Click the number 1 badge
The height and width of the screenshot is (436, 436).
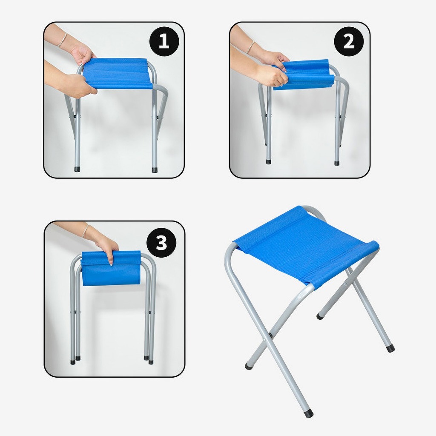(x=164, y=42)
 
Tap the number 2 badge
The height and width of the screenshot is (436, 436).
(x=349, y=42)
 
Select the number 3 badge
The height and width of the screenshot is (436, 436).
(x=161, y=242)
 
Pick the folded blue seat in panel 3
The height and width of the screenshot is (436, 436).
(x=111, y=268)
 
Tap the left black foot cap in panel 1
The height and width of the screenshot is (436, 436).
(x=77, y=169)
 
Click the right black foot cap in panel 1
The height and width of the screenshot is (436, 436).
(x=155, y=169)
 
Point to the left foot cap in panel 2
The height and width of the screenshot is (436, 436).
(x=268, y=161)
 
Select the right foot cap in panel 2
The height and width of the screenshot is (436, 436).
(x=337, y=163)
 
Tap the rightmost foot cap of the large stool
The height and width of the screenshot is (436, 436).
(x=390, y=348)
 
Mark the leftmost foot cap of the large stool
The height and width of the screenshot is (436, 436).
(x=249, y=366)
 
